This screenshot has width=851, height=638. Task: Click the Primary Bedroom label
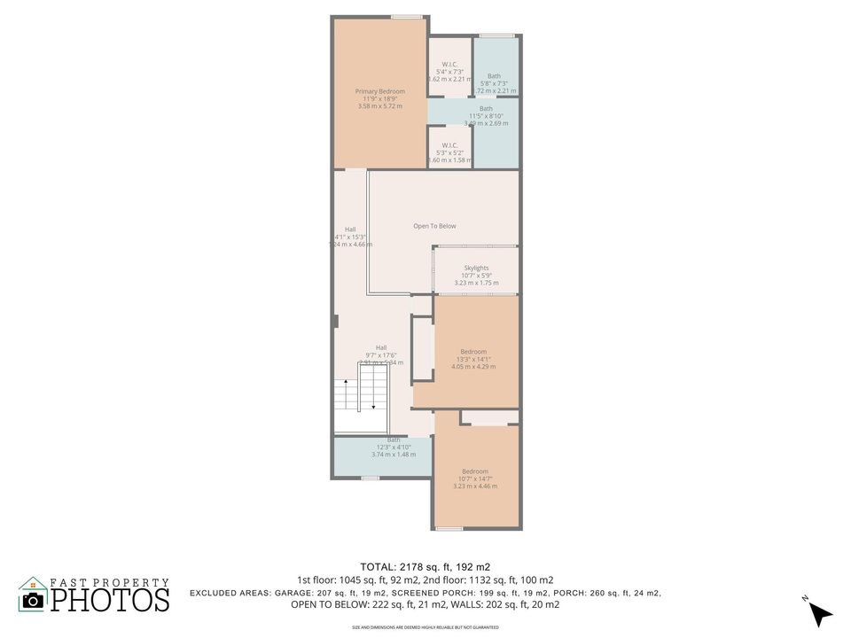[x=379, y=91]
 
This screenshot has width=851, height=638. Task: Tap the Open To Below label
[x=434, y=226]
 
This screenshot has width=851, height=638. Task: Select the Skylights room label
[x=476, y=268]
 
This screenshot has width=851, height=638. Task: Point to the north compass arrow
[x=820, y=612]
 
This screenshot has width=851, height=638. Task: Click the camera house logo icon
[x=33, y=595]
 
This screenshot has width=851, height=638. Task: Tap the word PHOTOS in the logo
[x=109, y=600]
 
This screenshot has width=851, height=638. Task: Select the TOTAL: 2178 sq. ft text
[x=425, y=566]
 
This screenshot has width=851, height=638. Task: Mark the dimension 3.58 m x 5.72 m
[x=379, y=106]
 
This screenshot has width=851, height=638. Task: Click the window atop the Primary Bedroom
[x=407, y=16]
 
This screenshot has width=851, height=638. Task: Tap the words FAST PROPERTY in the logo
[x=109, y=581]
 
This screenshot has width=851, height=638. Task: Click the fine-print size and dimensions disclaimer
[x=425, y=627]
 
